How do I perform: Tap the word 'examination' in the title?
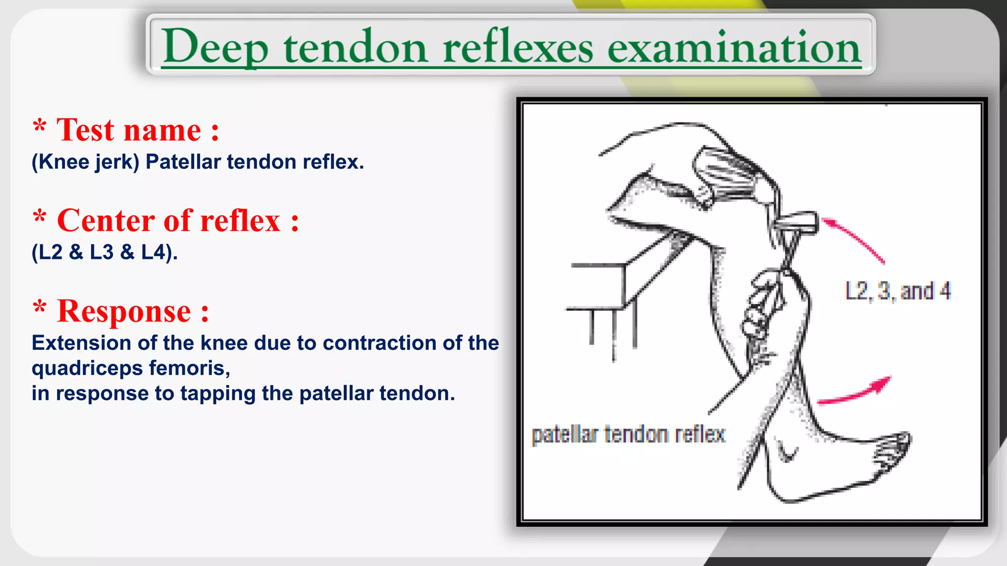pos(734,47)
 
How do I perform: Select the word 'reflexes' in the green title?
pos(518,47)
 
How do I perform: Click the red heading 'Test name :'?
pos(138,130)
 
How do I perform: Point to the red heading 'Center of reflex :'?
pos(178,221)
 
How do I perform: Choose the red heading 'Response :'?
pos(133,311)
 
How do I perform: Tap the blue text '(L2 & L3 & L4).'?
pos(104,253)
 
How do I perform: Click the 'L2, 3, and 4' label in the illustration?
pos(898,291)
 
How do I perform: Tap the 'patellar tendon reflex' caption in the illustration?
pos(628,435)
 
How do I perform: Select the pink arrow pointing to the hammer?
pos(854,241)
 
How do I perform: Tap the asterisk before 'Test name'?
pos(39,127)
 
